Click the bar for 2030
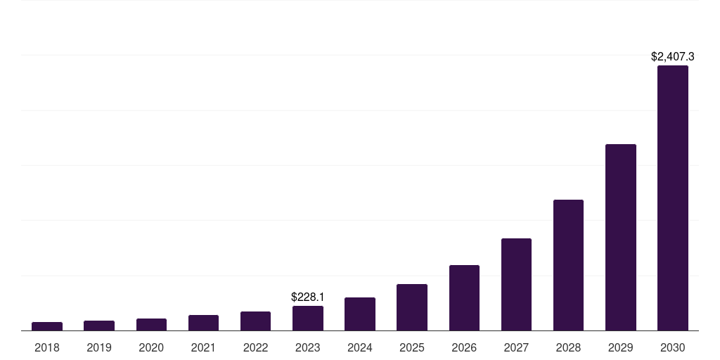point(672,198)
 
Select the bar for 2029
point(620,238)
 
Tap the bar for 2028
point(568,265)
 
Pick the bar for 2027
point(516,285)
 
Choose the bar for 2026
point(464,298)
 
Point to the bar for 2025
point(412,307)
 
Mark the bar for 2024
point(360,314)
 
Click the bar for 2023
point(308,319)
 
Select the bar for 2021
point(203,323)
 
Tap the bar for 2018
point(47,326)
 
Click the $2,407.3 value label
point(672,56)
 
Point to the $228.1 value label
point(308,297)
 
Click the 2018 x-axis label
point(47,347)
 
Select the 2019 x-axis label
point(99,347)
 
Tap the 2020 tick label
point(151,347)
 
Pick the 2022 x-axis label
point(255,347)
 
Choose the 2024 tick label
point(360,347)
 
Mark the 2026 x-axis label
point(464,347)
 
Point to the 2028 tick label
point(568,347)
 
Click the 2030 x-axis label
point(672,347)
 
